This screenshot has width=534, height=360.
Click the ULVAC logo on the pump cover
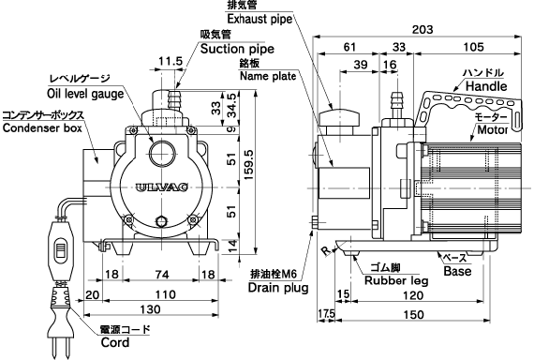coord(161,187)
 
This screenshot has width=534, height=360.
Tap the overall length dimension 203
coord(423,30)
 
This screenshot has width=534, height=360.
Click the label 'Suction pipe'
coord(237,49)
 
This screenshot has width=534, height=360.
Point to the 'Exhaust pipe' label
coord(260,19)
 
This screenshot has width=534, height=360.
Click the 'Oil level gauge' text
coord(85,94)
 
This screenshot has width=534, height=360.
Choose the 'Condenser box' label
coord(42,127)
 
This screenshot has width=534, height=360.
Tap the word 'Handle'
coord(486,86)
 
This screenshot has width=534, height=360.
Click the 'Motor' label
coord(493,129)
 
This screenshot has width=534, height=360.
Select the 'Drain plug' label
coord(278,288)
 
